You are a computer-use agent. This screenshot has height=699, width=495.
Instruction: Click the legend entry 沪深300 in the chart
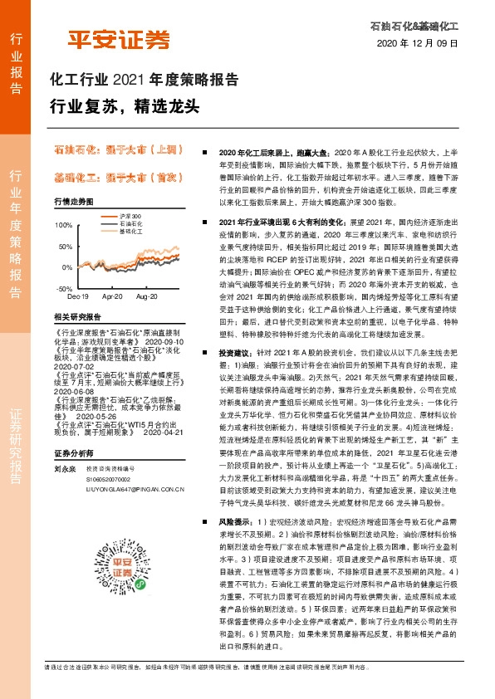coord(130,215)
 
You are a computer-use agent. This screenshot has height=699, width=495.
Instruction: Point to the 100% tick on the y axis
coord(63,225)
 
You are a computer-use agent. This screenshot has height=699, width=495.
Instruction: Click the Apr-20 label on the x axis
coord(112,296)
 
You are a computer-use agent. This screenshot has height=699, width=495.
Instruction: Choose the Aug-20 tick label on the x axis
coord(146,296)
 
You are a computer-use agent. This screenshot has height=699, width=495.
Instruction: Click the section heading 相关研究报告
coord(77,316)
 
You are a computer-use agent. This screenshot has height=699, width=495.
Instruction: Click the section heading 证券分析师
coord(71,454)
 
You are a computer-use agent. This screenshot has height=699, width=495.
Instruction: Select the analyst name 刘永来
coord(63,468)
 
